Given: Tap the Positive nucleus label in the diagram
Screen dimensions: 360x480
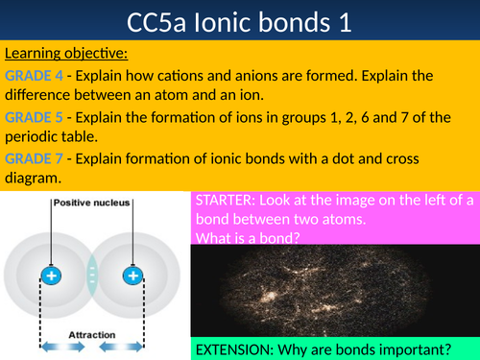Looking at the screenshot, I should pos(92,203).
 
